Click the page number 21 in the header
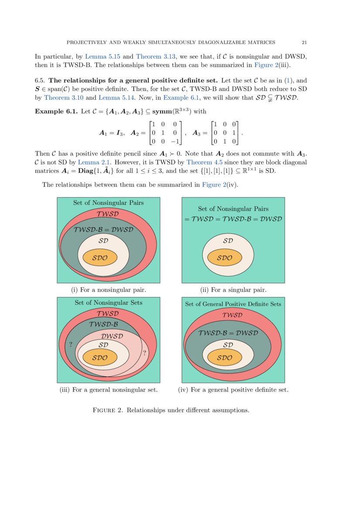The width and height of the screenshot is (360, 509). [304, 42]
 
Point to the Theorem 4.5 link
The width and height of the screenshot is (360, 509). [202, 162]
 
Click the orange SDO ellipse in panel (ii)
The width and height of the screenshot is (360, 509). [224, 257]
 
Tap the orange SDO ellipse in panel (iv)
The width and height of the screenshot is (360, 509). [224, 357]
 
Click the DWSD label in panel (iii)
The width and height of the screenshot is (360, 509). [112, 336]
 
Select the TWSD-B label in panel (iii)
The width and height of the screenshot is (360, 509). [104, 324]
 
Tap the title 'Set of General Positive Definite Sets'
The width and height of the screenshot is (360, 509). [233, 304]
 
